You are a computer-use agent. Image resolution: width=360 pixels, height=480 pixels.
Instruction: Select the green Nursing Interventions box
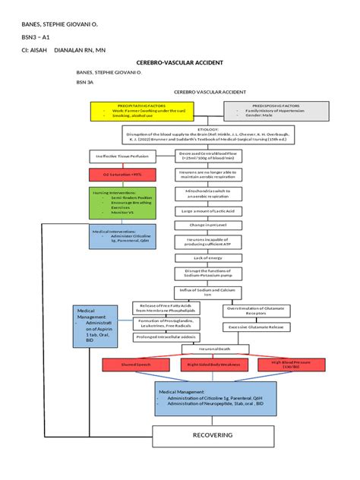[x=123, y=203]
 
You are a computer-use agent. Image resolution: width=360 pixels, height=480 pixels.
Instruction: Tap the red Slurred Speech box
[x=137, y=365]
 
